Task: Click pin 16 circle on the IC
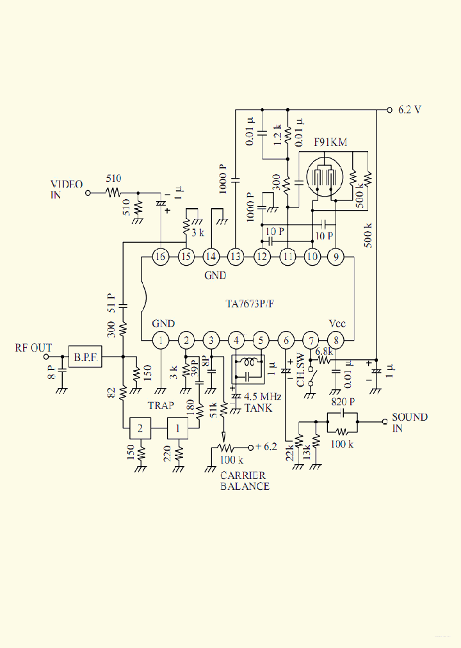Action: [x=160, y=257]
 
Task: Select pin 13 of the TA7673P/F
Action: [x=236, y=257]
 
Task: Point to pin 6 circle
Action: [x=286, y=340]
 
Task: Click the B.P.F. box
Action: [x=85, y=357]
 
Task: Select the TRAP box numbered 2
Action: [x=141, y=427]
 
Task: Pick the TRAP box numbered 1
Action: [x=179, y=427]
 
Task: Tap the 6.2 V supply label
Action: [x=409, y=109]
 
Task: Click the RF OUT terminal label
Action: [x=33, y=348]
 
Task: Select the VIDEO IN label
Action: [x=67, y=190]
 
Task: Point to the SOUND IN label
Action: [x=409, y=423]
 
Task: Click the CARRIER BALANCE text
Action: [x=245, y=481]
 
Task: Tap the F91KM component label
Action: [x=330, y=142]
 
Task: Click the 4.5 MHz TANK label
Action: [x=259, y=403]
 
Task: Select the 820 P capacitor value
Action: [x=343, y=402]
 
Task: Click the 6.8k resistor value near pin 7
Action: [x=324, y=350]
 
